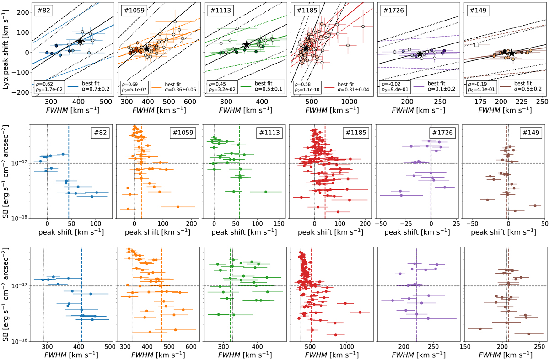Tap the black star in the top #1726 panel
point(420,54)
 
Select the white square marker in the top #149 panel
point(477,45)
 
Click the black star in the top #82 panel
point(80,41)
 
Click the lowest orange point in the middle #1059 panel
point(178,207)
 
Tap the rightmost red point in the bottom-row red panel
point(361,312)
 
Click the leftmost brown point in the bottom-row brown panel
point(480,329)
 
